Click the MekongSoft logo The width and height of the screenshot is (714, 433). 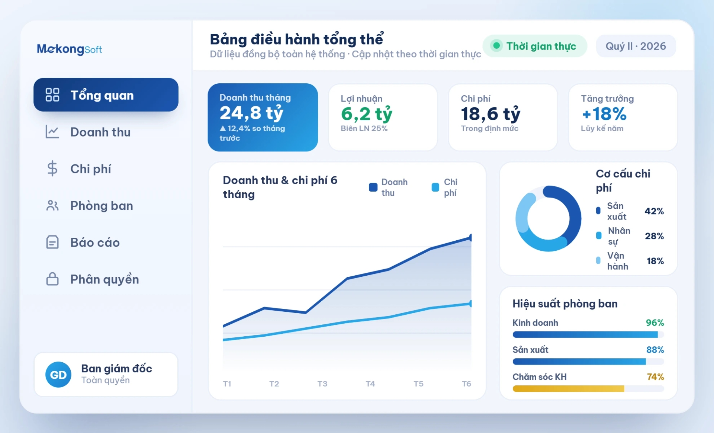pos(69,49)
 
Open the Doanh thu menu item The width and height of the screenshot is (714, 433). pos(100,132)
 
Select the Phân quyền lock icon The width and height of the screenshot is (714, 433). pos(52,279)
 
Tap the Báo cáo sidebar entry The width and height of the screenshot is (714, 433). pos(95,243)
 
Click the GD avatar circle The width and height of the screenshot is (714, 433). pos(58,375)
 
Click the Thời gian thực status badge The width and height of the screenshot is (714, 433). pos(535,46)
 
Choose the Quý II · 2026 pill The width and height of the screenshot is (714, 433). pos(636,46)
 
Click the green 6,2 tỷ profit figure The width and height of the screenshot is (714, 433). pos(367,114)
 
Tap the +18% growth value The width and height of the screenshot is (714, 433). pos(604,114)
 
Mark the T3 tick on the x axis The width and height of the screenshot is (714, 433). pos(322,384)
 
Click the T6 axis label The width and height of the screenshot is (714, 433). pos(466,384)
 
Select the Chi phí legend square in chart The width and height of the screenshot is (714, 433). pos(435,187)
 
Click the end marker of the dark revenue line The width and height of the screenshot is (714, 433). pos(471,237)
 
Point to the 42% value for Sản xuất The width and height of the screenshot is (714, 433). pos(654,211)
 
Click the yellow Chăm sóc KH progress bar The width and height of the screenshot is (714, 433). pos(568,389)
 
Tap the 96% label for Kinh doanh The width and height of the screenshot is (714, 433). pos(655,323)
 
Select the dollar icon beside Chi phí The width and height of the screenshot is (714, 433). pos(52,169)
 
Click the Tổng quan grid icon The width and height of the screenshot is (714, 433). pos(52,95)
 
